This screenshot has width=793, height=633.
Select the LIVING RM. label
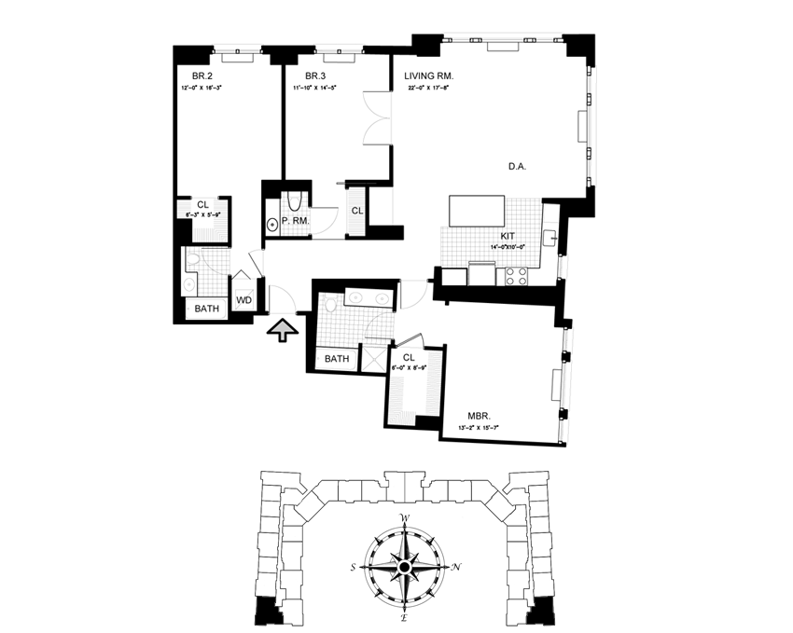point(429,76)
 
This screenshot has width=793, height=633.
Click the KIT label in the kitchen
point(508,238)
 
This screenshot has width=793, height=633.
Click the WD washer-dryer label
point(243,300)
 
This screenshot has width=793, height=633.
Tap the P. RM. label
point(295,221)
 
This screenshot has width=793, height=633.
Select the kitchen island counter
point(480,211)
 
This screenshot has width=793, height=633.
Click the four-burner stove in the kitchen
point(515,275)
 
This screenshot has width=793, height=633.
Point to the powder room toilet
point(273,223)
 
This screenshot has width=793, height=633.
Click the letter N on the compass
point(454,568)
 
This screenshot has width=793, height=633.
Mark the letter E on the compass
point(405,617)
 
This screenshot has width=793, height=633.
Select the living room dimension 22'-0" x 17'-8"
point(429,89)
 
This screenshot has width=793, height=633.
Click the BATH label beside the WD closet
point(206,308)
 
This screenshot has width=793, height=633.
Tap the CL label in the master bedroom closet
point(409,356)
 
